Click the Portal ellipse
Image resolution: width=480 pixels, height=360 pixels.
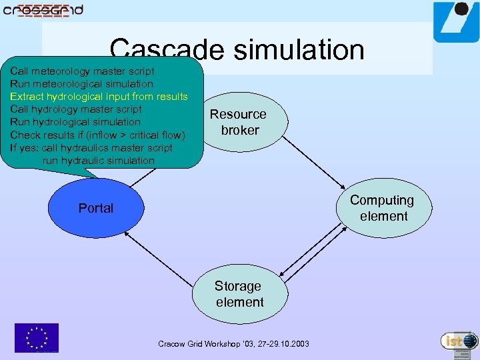(96, 208)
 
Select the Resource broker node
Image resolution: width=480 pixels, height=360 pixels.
(239, 122)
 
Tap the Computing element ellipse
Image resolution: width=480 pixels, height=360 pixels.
(383, 208)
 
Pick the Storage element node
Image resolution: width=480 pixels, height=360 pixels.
(239, 294)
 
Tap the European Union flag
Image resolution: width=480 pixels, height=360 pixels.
(37, 337)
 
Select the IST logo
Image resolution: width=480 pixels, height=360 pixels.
(459, 341)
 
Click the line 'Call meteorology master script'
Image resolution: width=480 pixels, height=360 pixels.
(82, 71)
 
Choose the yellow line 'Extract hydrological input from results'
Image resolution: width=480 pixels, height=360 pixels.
(99, 97)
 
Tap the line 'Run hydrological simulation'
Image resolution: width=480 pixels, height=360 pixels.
(75, 122)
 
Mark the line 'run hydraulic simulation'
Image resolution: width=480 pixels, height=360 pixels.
(98, 161)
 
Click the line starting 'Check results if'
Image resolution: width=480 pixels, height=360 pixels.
(97, 135)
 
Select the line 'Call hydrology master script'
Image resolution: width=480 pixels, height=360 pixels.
(76, 109)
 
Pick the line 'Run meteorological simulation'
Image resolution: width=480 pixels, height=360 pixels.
(81, 84)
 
